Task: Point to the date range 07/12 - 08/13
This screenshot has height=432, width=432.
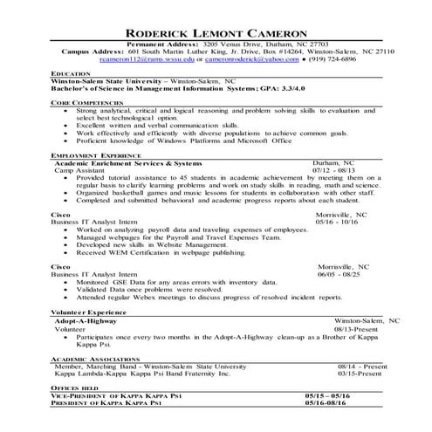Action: [x=334, y=169]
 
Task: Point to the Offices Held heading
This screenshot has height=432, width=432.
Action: [x=76, y=387]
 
